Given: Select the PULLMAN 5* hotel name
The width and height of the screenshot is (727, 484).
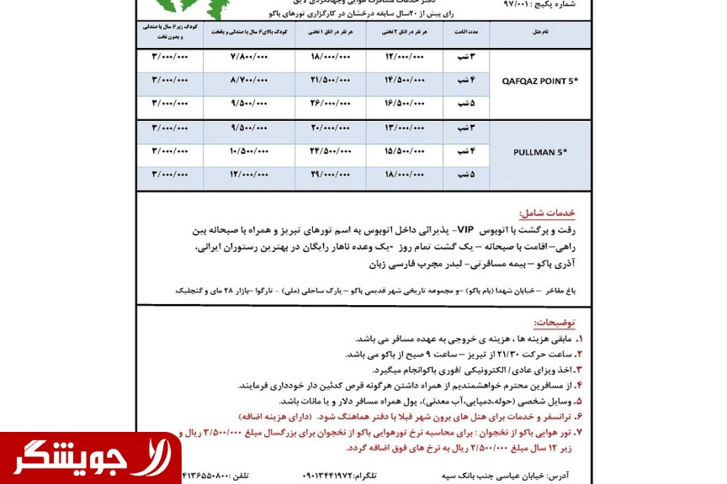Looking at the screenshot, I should pyautogui.click(x=539, y=152).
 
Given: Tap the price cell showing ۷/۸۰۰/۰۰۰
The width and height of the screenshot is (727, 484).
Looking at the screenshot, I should pyautogui.click(x=249, y=56).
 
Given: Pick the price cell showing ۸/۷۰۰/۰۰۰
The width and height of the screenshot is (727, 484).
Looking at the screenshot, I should pyautogui.click(x=249, y=81).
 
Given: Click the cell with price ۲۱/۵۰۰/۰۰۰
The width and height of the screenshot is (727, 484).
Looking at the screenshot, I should pyautogui.click(x=330, y=81).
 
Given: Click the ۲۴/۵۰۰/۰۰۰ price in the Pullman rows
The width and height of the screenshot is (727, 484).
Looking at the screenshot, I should pyautogui.click(x=330, y=152).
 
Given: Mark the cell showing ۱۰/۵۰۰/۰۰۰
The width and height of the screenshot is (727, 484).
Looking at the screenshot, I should pyautogui.click(x=249, y=152).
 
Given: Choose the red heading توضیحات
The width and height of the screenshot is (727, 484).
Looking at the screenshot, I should pyautogui.click(x=555, y=323).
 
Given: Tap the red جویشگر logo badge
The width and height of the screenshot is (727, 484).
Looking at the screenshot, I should pyautogui.click(x=90, y=459).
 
